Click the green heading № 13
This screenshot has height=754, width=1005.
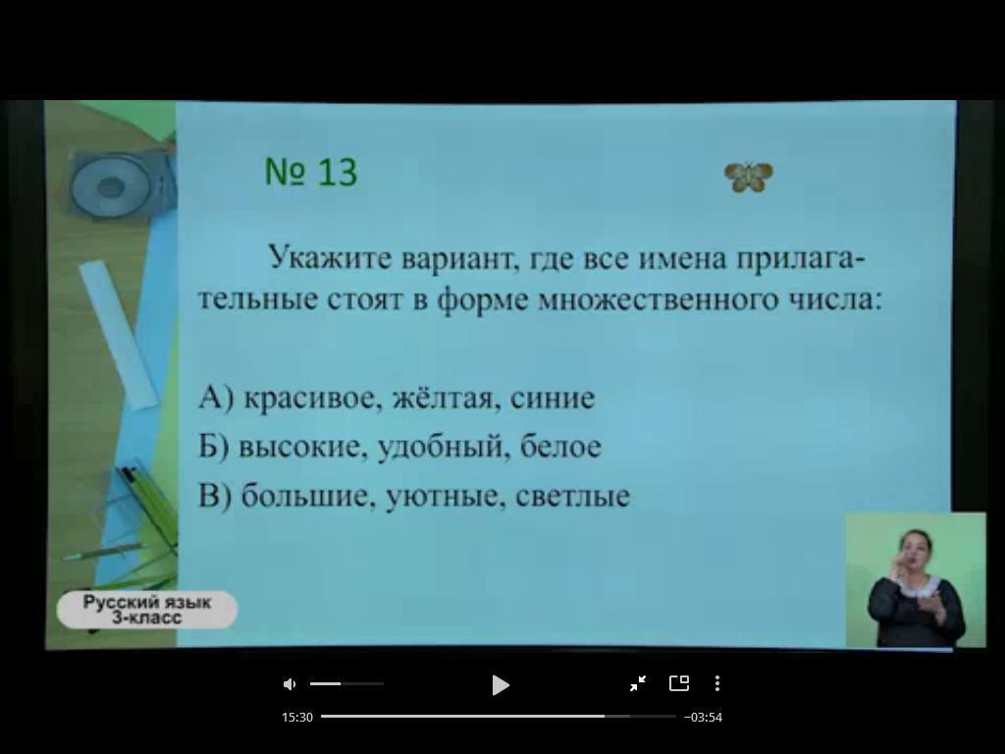[311, 172]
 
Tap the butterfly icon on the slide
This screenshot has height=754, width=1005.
[748, 177]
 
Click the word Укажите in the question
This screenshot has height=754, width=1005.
[330, 258]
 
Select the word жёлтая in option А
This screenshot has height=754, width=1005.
[447, 398]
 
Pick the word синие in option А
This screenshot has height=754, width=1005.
[553, 399]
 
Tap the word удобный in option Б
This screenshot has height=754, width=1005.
[443, 448]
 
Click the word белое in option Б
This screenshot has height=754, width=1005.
[560, 447]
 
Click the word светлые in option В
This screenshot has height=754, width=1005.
[572, 496]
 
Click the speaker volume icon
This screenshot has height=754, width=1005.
[290, 684]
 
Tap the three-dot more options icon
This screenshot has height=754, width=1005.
[717, 683]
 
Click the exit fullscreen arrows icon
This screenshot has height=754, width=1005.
[638, 683]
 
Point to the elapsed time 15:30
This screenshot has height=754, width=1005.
[297, 718]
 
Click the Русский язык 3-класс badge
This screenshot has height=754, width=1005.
[147, 610]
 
